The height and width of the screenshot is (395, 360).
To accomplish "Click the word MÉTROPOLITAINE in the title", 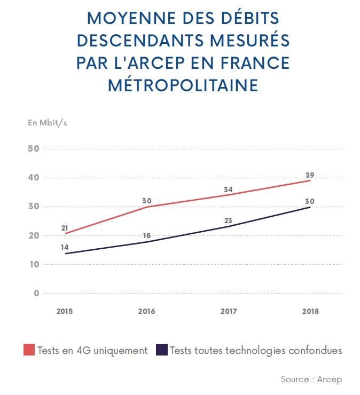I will [x=183, y=85].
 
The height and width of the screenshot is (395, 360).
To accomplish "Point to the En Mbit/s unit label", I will [x=48, y=122].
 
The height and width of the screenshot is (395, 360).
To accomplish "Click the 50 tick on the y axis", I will [x=33, y=148].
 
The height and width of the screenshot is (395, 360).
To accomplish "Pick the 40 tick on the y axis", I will [x=33, y=177].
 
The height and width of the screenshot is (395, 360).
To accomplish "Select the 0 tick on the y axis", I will [x=36, y=293].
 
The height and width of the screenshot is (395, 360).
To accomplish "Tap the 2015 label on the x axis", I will [x=65, y=312].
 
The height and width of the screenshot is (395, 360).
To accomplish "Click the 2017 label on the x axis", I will [x=229, y=312].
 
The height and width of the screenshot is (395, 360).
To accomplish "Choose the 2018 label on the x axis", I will [x=310, y=312].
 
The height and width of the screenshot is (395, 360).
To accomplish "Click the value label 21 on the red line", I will [x=66, y=228].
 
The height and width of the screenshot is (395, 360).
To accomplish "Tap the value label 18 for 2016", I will [x=146, y=235].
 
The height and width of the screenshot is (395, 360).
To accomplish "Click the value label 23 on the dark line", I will [x=228, y=219].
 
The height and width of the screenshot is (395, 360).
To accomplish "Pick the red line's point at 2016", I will [x=147, y=207].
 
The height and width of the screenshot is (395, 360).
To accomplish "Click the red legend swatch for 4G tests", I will [x=29, y=350].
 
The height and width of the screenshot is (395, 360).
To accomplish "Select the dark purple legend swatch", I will [x=161, y=350].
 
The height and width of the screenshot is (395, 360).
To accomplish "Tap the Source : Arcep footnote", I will [x=311, y=379].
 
